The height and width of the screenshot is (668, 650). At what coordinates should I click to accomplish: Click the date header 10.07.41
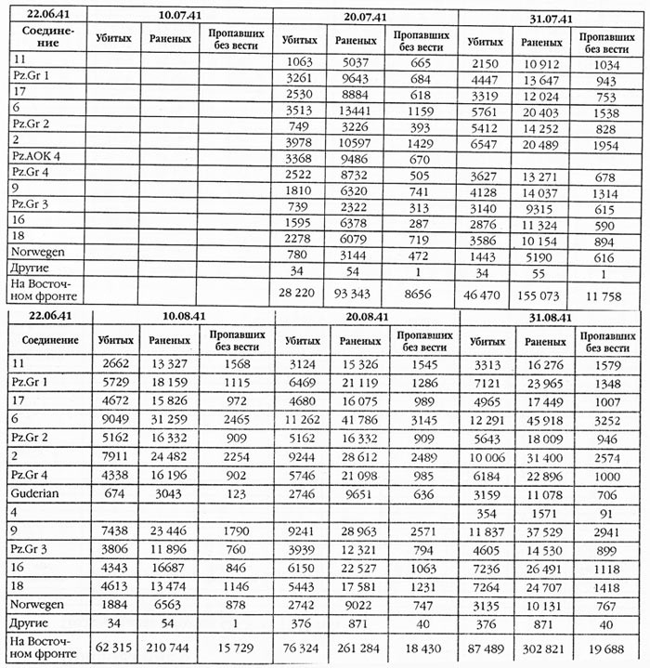click(181, 16)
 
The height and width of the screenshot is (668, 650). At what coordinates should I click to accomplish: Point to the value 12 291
click(483, 420)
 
